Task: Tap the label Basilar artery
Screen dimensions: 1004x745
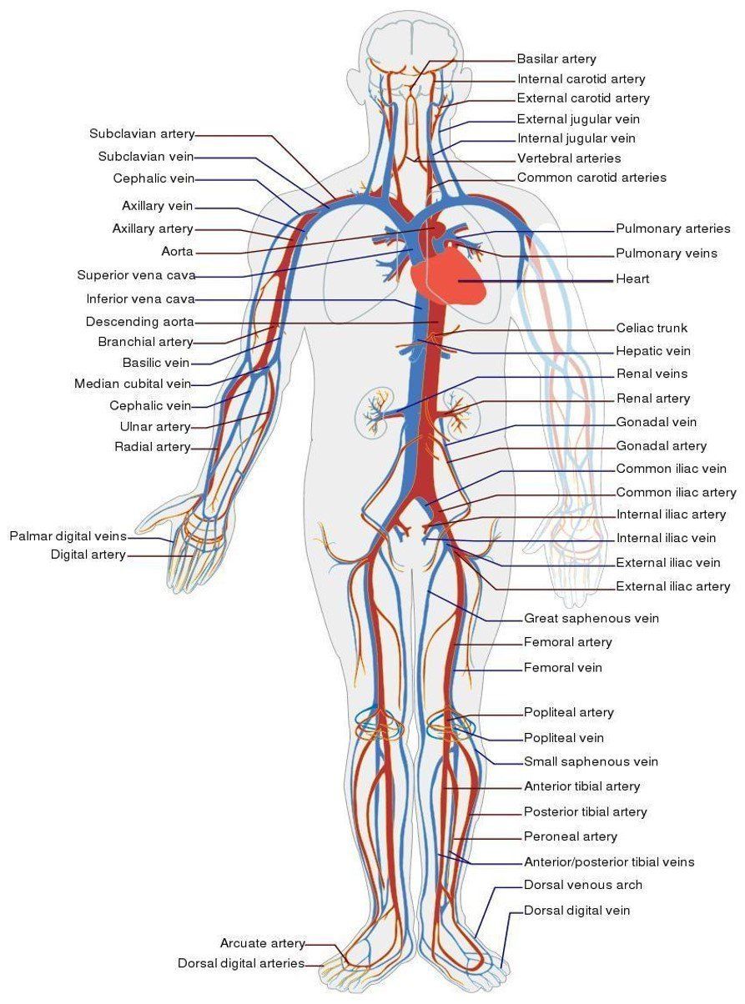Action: [556, 59]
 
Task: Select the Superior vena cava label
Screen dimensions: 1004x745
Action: [136, 275]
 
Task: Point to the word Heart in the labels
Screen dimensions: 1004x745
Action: [632, 279]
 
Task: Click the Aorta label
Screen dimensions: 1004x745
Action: [177, 251]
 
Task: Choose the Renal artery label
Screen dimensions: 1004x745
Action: [653, 399]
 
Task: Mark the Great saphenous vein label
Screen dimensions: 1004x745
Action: [591, 619]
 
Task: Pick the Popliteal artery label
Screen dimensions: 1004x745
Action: [568, 712]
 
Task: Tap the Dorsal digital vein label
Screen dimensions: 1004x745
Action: [576, 911]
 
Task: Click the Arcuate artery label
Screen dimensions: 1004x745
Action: [263, 943]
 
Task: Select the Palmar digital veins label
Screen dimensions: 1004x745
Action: [68, 535]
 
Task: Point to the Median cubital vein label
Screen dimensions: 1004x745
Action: [132, 384]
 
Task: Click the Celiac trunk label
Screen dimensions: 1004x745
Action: [652, 329]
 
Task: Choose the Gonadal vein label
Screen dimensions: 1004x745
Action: [656, 422]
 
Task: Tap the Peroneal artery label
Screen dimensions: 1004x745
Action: [570, 836]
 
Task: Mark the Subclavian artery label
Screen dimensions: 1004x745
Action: [142, 133]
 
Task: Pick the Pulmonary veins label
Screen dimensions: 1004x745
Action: [666, 254]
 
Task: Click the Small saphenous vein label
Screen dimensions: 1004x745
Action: [591, 761]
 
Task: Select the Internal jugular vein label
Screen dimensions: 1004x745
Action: [576, 138]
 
